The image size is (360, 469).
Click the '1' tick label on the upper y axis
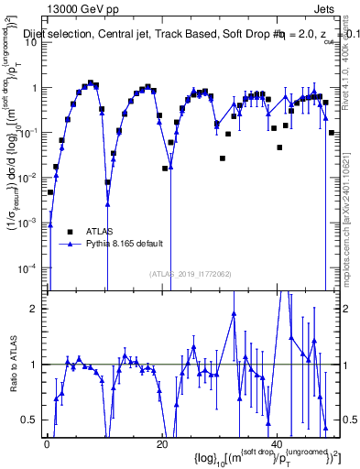click(36, 89)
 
